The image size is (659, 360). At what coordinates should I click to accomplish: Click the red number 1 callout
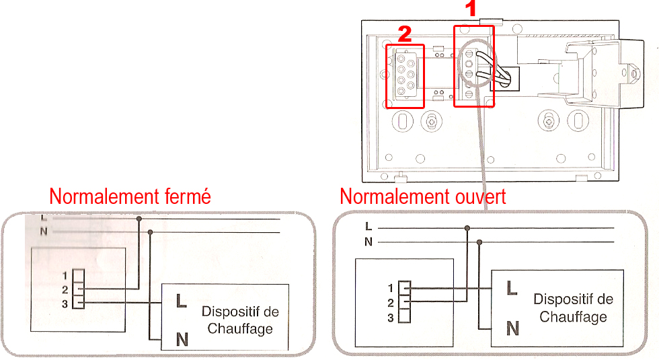click(471, 9)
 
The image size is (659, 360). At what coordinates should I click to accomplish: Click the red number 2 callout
click(404, 33)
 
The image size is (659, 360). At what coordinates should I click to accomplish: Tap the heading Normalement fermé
click(130, 196)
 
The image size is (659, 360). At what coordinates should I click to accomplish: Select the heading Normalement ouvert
click(423, 196)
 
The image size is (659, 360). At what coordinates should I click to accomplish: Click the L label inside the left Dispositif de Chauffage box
click(181, 301)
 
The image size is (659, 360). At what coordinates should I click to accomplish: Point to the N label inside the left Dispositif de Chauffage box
click(182, 339)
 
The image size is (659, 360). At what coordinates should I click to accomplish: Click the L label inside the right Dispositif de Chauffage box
click(512, 288)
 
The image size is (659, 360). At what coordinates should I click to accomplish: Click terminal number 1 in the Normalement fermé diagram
click(65, 275)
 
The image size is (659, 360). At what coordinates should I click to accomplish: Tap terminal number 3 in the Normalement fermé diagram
click(65, 303)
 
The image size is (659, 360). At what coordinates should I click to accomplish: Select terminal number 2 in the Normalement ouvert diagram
click(391, 303)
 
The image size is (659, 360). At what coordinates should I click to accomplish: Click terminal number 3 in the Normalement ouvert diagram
click(391, 318)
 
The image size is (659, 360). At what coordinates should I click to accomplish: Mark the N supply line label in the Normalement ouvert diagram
click(368, 242)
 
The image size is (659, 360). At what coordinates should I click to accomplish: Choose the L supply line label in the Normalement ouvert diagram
click(368, 227)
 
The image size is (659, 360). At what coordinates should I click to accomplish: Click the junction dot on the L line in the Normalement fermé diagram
click(139, 219)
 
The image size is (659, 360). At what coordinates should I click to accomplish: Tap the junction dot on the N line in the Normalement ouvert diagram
click(479, 242)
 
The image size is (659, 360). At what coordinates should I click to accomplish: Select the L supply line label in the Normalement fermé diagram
click(44, 218)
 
